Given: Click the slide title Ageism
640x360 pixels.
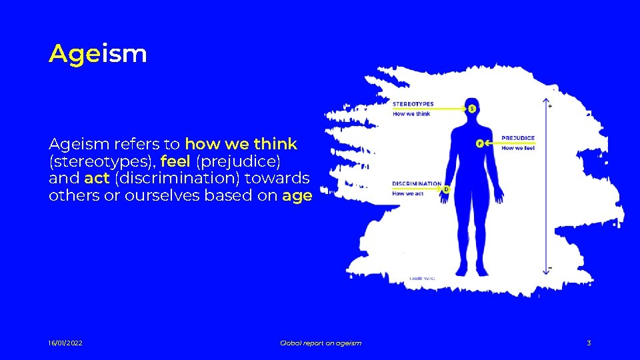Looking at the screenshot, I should [97, 53].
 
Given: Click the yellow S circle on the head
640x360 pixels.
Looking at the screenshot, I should [472, 108].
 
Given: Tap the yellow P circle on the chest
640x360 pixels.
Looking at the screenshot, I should [479, 143].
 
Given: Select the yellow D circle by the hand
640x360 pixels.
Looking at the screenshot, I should [446, 189].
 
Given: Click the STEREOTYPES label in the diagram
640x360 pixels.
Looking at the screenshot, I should [413, 104].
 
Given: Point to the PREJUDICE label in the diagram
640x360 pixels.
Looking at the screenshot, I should [518, 139].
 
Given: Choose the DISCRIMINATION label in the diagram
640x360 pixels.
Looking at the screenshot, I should [417, 183].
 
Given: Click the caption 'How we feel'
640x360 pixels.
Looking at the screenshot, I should [518, 148].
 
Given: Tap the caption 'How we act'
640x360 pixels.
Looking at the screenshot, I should [408, 193].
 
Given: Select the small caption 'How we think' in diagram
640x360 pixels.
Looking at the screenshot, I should [411, 114].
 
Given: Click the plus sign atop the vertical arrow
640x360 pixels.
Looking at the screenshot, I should [549, 105].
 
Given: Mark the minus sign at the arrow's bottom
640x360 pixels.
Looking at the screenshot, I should [549, 268].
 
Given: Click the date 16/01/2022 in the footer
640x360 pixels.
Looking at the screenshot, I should [65, 343].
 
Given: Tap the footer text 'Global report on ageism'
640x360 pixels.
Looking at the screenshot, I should [321, 343].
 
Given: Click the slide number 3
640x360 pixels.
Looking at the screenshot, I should [589, 343].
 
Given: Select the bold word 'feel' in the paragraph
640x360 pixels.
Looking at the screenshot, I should [176, 161].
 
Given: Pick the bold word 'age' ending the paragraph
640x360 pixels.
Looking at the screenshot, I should [297, 196].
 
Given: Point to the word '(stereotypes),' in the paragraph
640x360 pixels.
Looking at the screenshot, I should [102, 161].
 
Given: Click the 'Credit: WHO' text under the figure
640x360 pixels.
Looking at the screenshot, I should [422, 277].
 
